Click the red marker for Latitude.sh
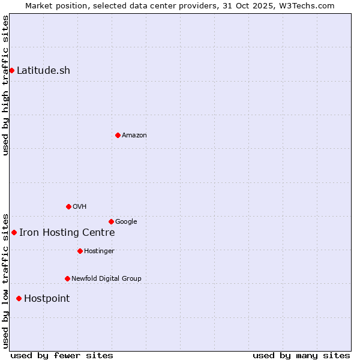click(x=11, y=70)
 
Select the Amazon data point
click(x=118, y=135)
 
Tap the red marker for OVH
click(x=68, y=206)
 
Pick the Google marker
click(x=111, y=221)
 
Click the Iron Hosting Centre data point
click(x=14, y=232)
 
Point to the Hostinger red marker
click(x=80, y=251)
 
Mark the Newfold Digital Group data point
click(x=67, y=278)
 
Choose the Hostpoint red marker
click(x=19, y=298)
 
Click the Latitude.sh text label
click(x=43, y=70)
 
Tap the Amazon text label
click(x=134, y=135)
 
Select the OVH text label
click(x=80, y=206)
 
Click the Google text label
click(x=126, y=221)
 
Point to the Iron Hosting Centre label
click(x=67, y=233)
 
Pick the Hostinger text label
click(x=99, y=251)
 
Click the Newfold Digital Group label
click(x=106, y=278)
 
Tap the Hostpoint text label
click(x=47, y=299)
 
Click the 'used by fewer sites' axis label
click(x=62, y=355)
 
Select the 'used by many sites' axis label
click(x=301, y=355)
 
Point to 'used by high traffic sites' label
click(x=5, y=85)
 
